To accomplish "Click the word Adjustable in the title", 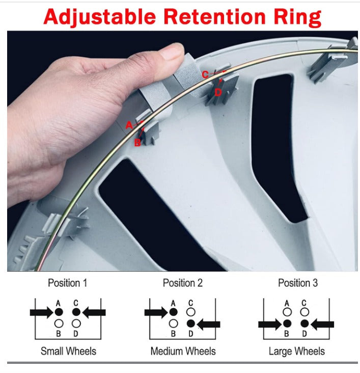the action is coord(100,17).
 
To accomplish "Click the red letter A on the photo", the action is coord(129,125).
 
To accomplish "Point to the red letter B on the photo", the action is coord(137,143).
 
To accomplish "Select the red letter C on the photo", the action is coord(205,75).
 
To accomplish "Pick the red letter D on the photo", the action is coord(218,92).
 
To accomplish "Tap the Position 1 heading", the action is coord(68,283).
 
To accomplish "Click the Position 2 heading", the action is coord(183,283).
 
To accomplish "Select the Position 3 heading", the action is coord(298,283).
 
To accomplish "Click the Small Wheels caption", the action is coord(68,351).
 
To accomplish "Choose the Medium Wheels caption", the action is coord(183,351).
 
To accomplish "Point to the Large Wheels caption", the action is coord(297,351).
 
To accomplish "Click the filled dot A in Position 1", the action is coord(59,312).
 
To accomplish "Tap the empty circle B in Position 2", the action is coord(173,324).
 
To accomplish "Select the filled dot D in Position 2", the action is coord(191,324).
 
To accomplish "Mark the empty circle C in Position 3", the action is coord(304,312).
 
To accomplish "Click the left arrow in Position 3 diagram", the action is coord(270,324).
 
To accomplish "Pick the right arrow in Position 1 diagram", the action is coord(94,312).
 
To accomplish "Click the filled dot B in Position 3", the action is coord(287,324).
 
